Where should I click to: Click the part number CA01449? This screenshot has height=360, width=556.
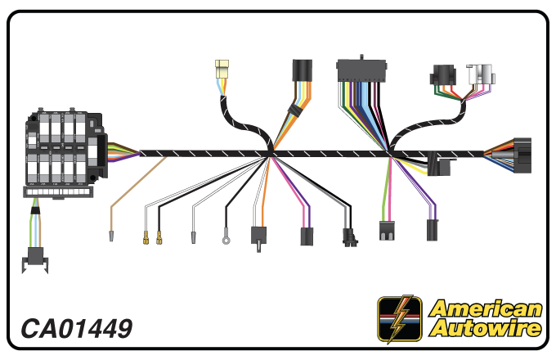77,328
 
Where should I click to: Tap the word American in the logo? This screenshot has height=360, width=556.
485,308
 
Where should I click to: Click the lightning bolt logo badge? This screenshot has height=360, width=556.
399,318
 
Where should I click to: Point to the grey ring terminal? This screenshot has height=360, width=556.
226,241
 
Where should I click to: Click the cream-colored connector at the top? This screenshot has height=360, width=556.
222,69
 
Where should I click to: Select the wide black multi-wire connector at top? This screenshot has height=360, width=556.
361,70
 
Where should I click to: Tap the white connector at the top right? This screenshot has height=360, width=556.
481,74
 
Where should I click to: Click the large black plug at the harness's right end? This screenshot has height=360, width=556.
522,155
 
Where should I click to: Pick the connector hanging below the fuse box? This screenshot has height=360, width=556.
34,259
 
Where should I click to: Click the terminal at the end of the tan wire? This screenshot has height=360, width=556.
111,236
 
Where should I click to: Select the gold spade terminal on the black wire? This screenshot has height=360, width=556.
159,237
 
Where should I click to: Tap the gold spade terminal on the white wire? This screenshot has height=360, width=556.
146,237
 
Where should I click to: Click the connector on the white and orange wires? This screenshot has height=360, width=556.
259,237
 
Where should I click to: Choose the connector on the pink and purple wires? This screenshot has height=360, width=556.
307,236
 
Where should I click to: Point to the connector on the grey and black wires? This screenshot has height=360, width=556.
350,237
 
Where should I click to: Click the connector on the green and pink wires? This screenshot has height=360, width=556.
387,231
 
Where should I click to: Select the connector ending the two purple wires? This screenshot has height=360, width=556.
432,230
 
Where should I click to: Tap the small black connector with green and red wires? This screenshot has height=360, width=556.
443,75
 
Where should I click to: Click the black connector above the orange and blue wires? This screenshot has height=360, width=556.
302,70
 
